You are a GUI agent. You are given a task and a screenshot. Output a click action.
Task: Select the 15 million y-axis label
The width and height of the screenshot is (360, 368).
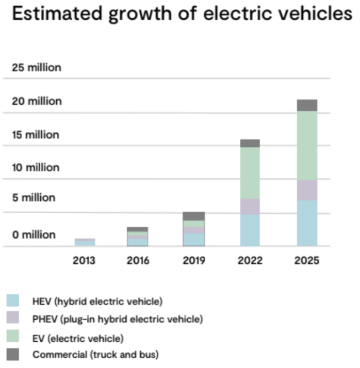coord(36,135)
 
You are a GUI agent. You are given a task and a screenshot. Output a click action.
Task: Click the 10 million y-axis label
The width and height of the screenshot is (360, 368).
coord(36,168)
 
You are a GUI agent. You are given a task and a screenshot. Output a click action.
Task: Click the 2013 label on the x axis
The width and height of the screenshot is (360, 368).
coord(84,260)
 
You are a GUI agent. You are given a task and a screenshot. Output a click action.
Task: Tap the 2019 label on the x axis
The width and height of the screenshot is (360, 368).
coord(193,260)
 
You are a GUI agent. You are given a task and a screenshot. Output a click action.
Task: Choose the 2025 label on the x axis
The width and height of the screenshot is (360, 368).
coord(307,260)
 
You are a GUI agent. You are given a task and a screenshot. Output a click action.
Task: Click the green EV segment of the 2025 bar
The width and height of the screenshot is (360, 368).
coord(307,145)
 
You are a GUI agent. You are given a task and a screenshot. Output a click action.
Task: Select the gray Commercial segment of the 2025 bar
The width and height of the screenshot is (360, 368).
coord(307,105)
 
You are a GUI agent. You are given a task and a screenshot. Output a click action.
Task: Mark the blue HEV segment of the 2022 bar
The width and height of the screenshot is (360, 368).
coord(250,230)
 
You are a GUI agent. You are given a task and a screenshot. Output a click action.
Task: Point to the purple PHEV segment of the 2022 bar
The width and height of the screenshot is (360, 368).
coord(250,207)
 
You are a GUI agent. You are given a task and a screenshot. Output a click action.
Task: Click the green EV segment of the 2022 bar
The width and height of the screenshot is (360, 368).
coord(250,173)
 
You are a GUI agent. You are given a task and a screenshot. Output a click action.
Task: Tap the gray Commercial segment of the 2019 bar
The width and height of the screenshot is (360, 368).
coord(194,216)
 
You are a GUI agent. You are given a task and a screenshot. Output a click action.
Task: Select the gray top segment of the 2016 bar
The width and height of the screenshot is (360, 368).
coord(138,229)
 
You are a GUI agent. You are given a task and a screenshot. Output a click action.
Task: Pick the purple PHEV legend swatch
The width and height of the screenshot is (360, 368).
coord(13,319)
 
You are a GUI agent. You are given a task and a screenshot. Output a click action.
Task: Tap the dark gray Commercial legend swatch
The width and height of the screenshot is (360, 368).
coord(13,355)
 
